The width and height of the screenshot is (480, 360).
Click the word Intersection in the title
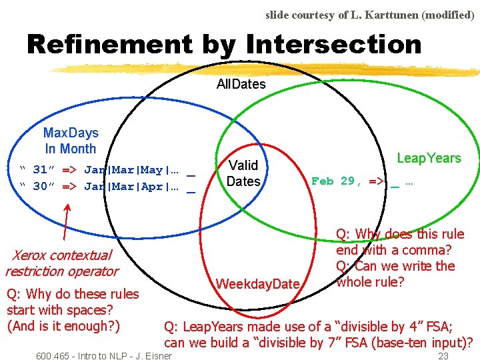333,45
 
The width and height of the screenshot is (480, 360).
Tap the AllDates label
241,85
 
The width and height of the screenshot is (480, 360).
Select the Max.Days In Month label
71,141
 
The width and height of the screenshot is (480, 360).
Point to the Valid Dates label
243,173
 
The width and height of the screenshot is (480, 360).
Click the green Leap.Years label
429,158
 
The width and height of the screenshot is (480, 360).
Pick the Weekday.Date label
257,284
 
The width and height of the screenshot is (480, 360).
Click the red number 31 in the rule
40,170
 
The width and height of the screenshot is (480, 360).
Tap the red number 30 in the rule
40,187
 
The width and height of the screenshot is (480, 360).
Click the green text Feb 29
333,181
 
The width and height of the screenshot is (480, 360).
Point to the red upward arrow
65,220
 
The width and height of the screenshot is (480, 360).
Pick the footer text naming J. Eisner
103,356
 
